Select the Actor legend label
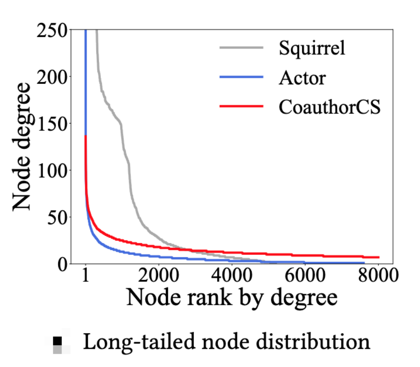coord(301,78)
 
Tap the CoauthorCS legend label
coord(330,107)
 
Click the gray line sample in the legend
coord(242,48)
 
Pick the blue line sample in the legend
coord(242,77)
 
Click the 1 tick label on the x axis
coord(86,277)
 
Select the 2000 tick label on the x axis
coord(158,277)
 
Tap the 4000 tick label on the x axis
coord(231,277)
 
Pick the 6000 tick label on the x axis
coord(304,277)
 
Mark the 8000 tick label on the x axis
coord(377,277)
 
